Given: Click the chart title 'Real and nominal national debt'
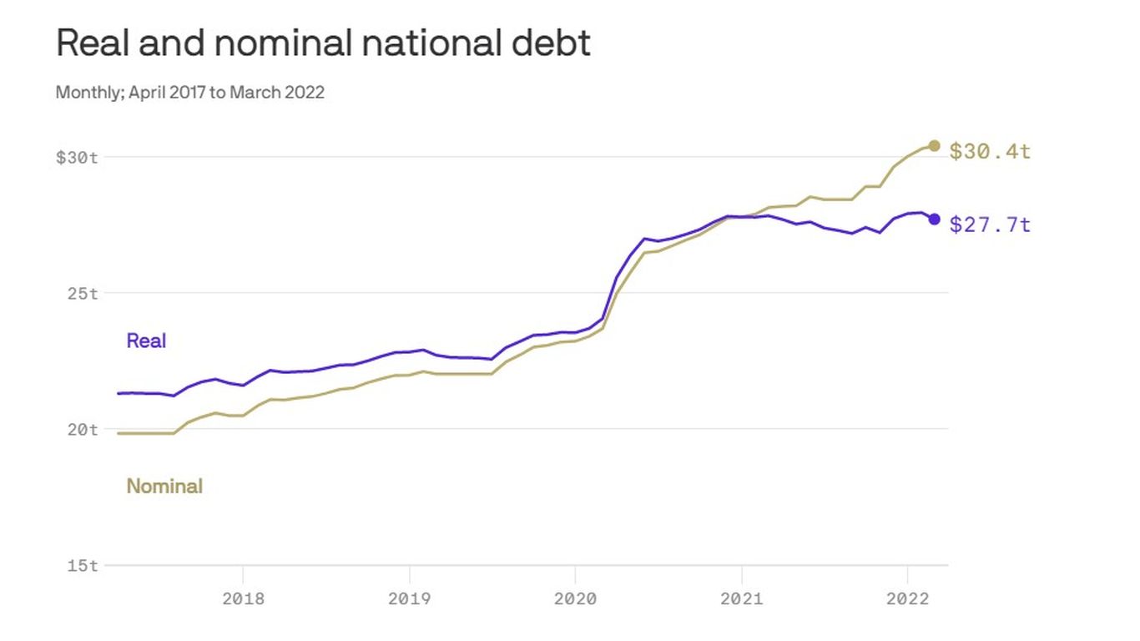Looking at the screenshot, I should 323,43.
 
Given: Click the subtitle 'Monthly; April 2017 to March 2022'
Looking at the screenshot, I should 189,92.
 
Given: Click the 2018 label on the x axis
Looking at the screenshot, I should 243,598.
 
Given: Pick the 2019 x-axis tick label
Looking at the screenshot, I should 409,598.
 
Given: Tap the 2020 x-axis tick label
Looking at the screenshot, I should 575,598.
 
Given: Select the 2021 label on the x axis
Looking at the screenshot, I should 741,598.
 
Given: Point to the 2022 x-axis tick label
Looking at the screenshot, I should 907,598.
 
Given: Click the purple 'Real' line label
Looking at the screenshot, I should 146,341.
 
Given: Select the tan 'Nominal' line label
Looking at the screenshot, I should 164,486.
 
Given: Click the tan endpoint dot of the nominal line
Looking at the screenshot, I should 934,146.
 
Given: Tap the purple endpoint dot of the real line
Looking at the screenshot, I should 934,220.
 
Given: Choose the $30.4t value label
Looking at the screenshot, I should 991,151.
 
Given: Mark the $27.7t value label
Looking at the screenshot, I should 991,225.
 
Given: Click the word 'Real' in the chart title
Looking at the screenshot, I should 92,43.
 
